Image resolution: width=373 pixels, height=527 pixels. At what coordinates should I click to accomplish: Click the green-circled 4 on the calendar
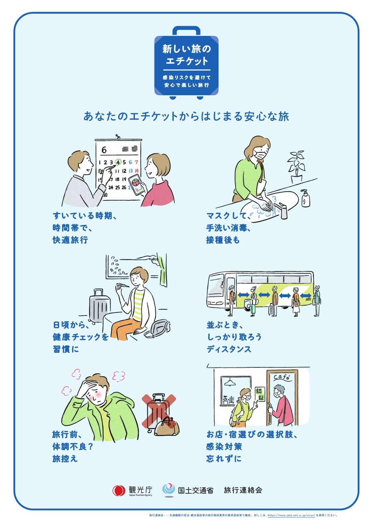[x=118, y=162]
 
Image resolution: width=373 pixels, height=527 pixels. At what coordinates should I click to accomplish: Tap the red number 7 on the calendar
[x=136, y=162]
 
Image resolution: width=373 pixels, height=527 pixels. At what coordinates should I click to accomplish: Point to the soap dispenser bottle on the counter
[x=305, y=198]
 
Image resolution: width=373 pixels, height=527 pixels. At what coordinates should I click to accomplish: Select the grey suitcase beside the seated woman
[x=99, y=305]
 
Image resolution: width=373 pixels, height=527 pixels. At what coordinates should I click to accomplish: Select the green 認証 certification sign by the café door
[x=260, y=394]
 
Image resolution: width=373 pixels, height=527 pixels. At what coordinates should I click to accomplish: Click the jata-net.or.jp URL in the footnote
[x=291, y=515]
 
